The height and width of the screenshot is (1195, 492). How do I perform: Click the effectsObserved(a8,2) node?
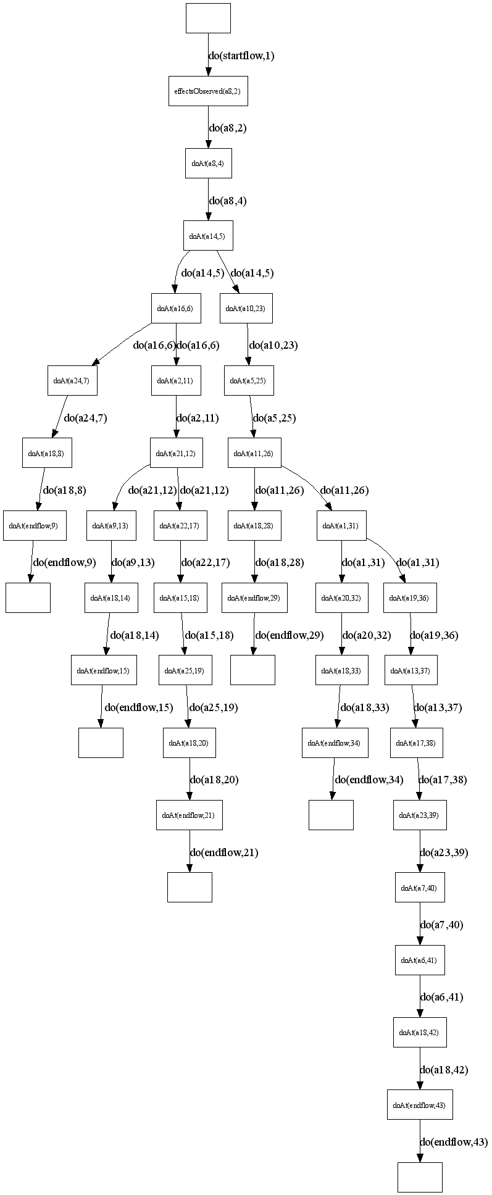click(208, 91)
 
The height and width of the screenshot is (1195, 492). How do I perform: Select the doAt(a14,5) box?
click(208, 235)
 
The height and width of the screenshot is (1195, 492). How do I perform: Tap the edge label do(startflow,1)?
click(241, 56)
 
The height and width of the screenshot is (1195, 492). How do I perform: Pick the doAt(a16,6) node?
click(176, 308)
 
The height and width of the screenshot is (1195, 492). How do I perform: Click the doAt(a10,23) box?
click(246, 308)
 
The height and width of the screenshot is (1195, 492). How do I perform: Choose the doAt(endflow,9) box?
click(35, 525)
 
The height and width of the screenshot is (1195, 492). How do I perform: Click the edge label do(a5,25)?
click(274, 418)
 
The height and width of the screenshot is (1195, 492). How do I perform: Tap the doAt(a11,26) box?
click(254, 453)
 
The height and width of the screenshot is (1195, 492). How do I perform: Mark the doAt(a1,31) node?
click(341, 525)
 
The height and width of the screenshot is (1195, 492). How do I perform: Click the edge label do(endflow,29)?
click(290, 635)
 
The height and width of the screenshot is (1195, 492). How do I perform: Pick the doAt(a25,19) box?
click(185, 670)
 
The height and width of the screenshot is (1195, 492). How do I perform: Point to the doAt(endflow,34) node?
click(335, 742)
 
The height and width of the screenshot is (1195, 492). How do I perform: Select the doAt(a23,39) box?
click(420, 814)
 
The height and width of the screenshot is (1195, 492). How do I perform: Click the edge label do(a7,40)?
click(441, 925)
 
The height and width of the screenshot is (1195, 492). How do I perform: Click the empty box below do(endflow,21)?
click(190, 886)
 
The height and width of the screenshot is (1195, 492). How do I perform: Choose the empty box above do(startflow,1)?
click(208, 18)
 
